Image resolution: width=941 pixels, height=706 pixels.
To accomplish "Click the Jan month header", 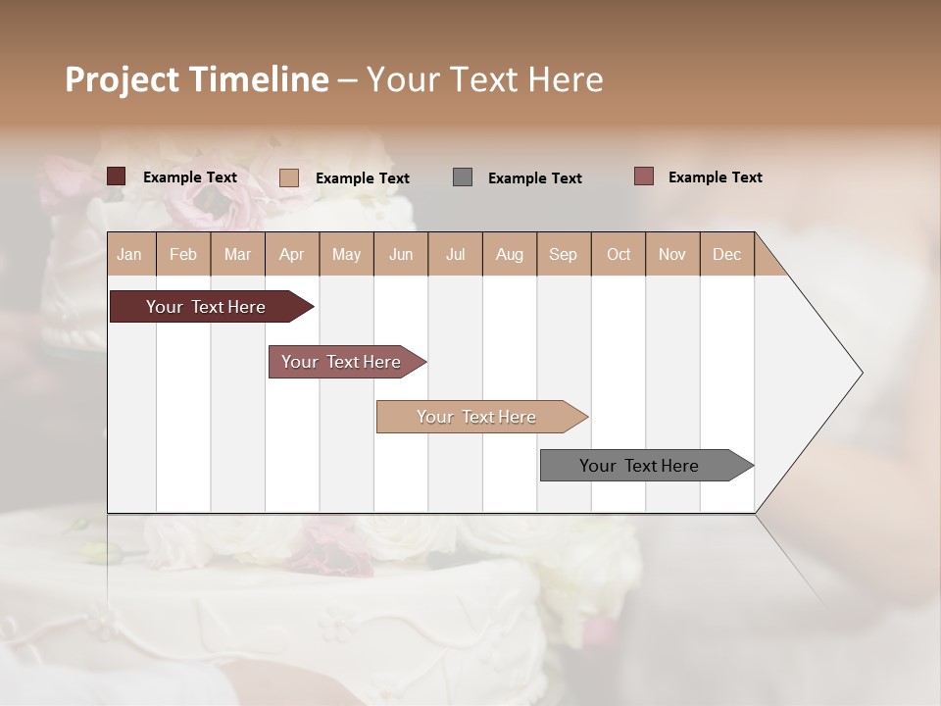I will pos(129,254).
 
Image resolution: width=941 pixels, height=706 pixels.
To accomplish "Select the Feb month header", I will pos(183,254).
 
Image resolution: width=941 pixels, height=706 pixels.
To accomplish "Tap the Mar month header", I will pos(237,254).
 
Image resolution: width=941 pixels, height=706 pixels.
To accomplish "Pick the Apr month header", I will pos(292,254).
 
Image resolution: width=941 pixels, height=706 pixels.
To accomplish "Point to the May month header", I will pos(346,254).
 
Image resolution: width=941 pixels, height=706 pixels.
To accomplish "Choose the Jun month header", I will pos(401,254).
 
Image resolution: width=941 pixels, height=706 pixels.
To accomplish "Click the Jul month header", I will pos(455,254).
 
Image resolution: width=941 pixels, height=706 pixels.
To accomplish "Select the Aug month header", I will pos(510,254).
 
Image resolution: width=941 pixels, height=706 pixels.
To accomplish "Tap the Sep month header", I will pos(564,254).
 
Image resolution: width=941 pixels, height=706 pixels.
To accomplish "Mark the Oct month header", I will pos(619,254).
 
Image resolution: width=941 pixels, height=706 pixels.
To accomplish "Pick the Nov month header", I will pos(672,254).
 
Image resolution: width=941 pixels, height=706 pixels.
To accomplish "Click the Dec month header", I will pos(727,254).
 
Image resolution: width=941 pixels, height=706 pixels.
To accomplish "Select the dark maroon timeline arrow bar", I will pos(207,307).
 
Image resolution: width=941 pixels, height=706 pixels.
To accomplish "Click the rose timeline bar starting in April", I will pos(342,362).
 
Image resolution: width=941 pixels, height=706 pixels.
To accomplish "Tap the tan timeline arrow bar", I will pos(477,417).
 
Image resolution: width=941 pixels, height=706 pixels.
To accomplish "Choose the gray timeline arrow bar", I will pos(640,466).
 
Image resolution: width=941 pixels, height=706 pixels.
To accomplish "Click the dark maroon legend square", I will pos(116,176).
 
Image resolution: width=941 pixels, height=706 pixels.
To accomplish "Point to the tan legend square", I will pos(288,177).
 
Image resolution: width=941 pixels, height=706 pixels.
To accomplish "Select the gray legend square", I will pos(462,176).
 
